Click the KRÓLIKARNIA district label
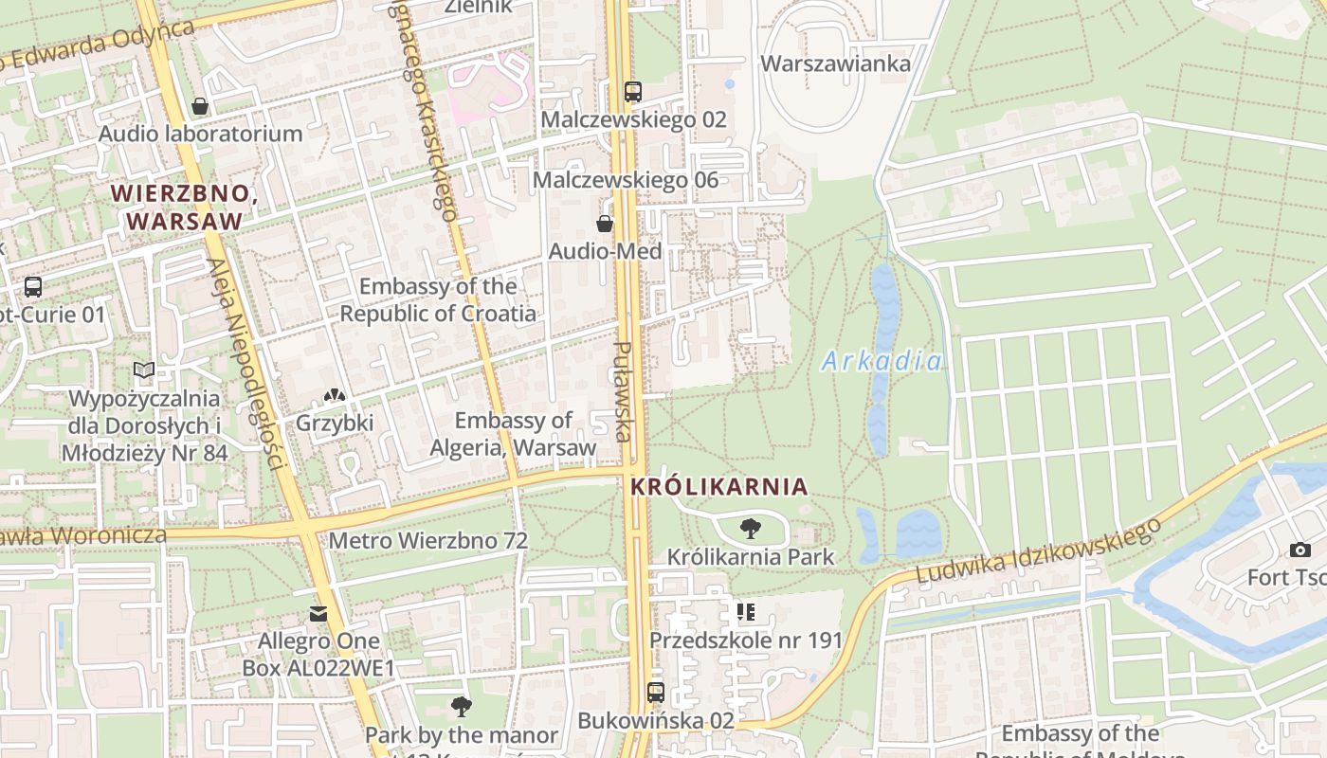718,487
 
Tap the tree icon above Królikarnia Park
751,529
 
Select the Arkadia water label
882,361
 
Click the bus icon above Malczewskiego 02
633,92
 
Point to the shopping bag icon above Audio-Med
605,224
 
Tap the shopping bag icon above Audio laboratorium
200,106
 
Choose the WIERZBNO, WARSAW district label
184,207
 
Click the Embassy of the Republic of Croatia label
438,299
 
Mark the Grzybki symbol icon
335,395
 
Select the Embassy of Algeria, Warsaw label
513,433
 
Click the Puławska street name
623,390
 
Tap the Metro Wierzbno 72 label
427,541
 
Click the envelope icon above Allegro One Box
318,614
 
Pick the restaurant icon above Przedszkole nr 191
746,612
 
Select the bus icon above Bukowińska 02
656,693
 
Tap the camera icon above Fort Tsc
1300,550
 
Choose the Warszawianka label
836,63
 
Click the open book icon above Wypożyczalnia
144,370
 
